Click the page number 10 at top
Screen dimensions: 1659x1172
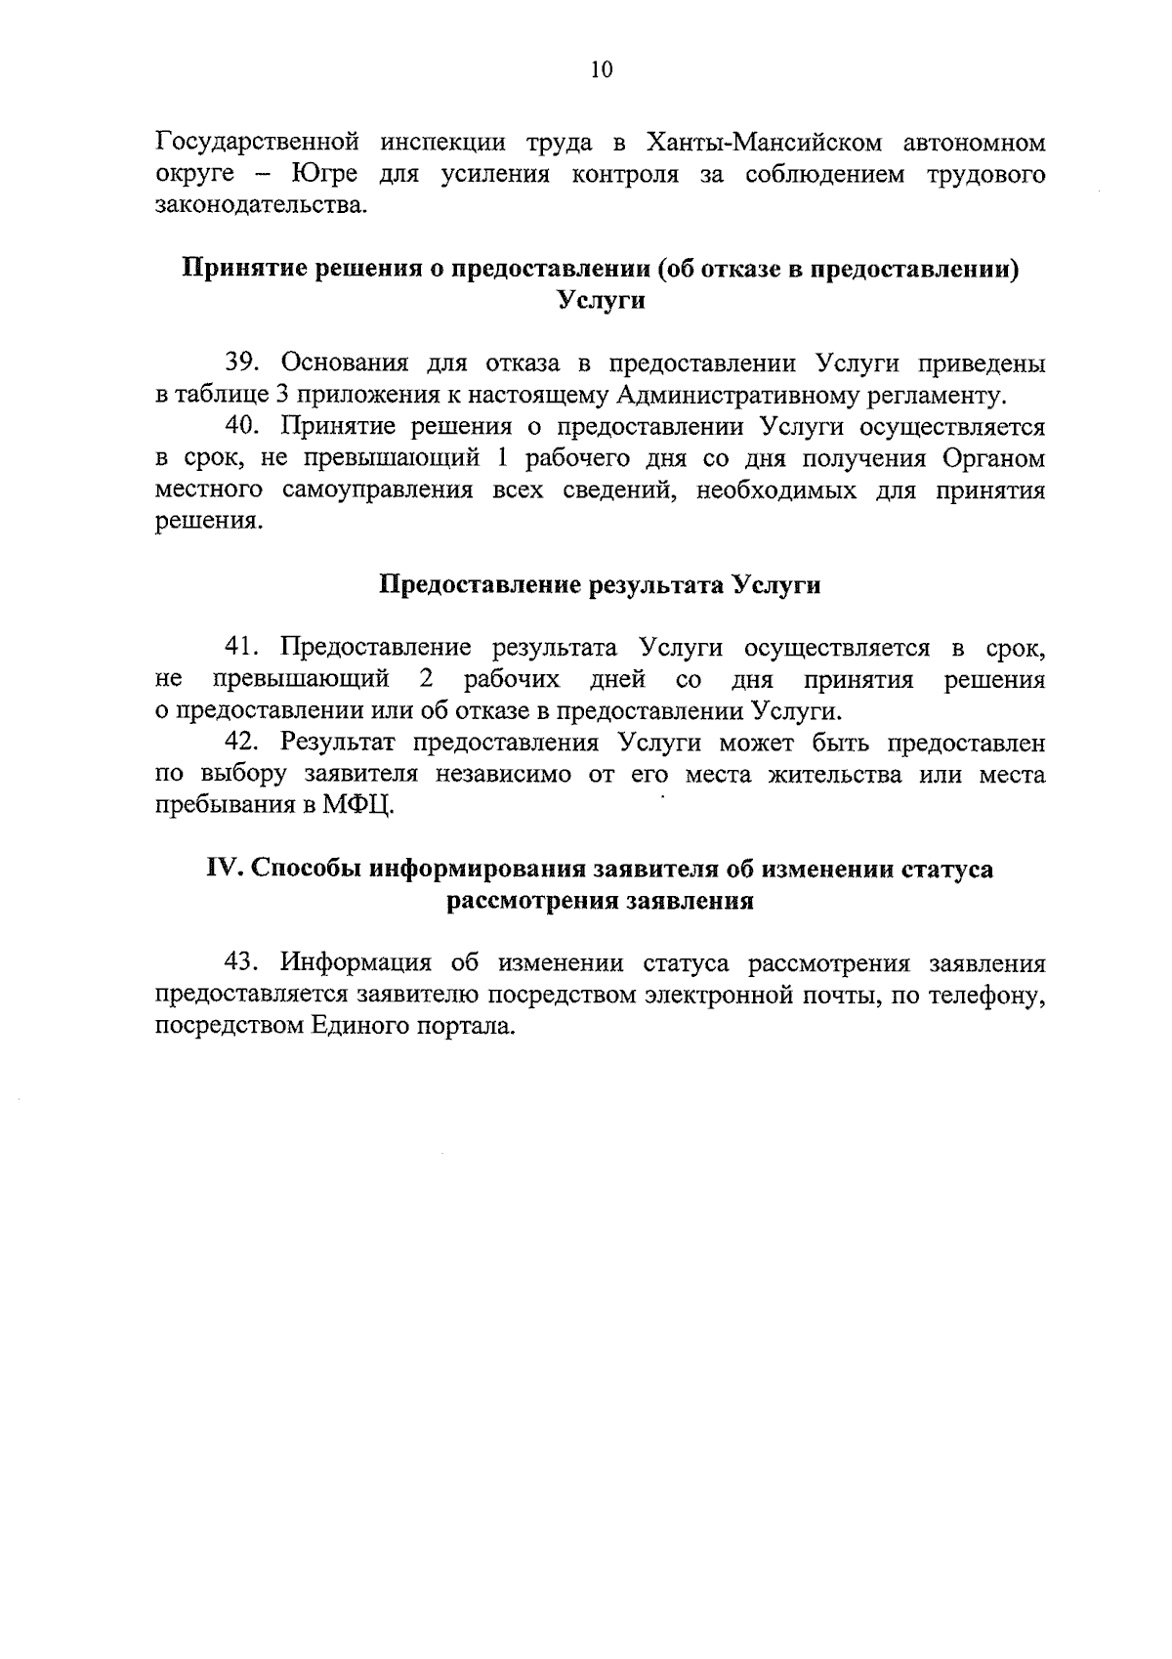tap(601, 69)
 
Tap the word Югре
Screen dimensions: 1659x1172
tap(323, 175)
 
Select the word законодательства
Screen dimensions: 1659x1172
tap(262, 206)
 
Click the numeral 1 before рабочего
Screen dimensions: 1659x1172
tap(504, 458)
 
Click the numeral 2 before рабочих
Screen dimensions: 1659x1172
tap(426, 679)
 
